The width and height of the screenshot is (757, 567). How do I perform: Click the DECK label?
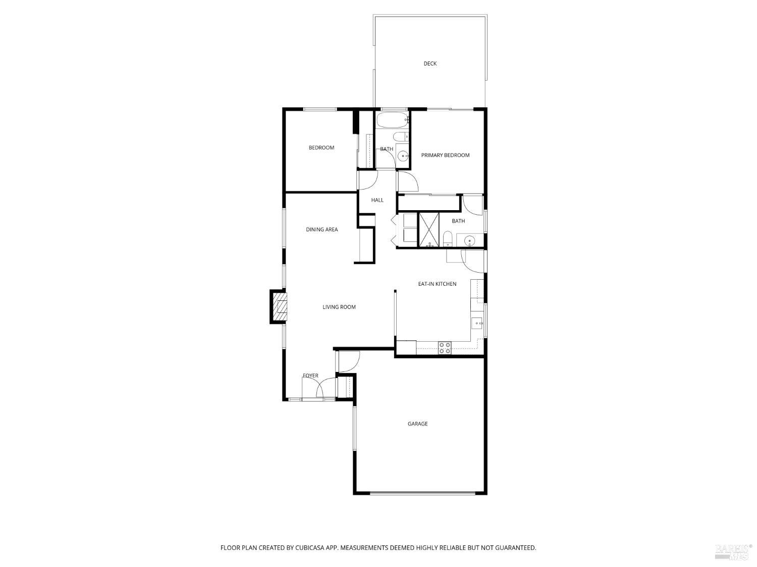point(430,64)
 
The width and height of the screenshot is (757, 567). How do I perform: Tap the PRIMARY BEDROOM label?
point(445,155)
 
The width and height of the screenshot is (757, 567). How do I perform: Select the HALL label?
point(377,200)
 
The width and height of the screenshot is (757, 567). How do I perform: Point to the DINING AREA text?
point(321,230)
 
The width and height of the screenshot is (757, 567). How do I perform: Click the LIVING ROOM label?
point(339,307)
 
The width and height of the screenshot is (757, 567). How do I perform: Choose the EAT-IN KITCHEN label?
point(437,284)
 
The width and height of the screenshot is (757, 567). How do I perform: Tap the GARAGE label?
point(417,424)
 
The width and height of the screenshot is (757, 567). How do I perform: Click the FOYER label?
point(310,376)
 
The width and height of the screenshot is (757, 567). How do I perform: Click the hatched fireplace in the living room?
point(280,306)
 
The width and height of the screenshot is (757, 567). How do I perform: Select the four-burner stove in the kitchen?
point(445,348)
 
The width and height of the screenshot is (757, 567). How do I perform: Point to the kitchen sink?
point(476,323)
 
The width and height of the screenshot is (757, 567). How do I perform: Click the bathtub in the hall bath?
point(392,120)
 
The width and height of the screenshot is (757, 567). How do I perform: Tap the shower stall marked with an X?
point(429,230)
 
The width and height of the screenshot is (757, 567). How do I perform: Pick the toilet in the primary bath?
point(447,239)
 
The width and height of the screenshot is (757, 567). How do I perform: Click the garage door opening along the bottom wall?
point(421,493)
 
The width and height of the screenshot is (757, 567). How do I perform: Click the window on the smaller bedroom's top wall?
point(319,109)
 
